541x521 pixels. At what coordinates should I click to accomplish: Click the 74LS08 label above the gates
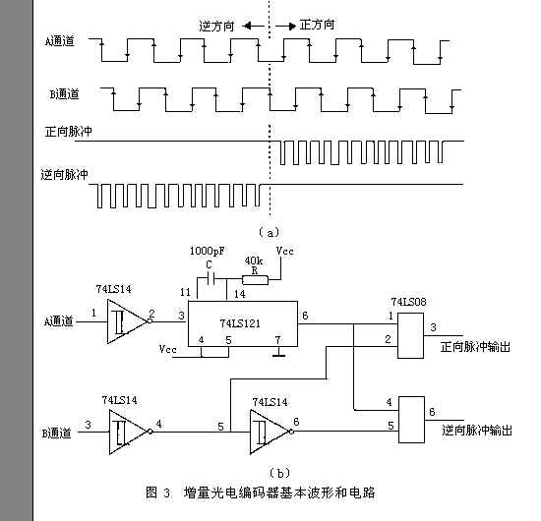pyautogui.click(x=408, y=300)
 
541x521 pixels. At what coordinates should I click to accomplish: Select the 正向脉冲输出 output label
pyautogui.click(x=477, y=346)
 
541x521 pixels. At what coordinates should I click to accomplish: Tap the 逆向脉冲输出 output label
pyautogui.click(x=477, y=430)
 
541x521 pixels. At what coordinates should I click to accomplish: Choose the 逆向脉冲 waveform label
pyautogui.click(x=66, y=174)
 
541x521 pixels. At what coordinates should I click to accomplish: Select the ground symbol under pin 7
pyautogui.click(x=278, y=354)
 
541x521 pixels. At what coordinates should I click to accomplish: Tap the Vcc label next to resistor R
pyautogui.click(x=284, y=252)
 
